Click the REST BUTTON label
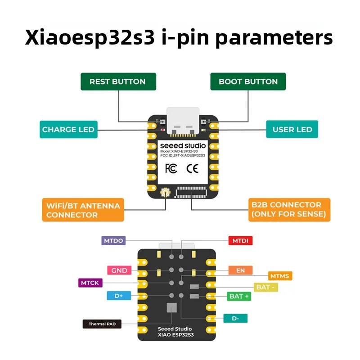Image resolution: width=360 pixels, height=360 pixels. click(x=117, y=81)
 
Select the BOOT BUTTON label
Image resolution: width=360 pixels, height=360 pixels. click(x=248, y=81)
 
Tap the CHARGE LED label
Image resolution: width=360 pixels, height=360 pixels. click(x=68, y=130)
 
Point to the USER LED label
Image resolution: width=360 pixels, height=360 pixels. click(x=292, y=130)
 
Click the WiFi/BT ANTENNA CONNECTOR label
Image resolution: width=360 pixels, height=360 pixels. click(x=83, y=210)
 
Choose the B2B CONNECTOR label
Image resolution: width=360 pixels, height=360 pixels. click(x=289, y=209)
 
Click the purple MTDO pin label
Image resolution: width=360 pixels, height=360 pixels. click(x=113, y=240)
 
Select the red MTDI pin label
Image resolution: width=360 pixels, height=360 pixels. click(x=240, y=241)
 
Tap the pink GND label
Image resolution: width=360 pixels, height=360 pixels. click(x=119, y=270)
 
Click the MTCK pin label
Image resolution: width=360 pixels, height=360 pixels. click(x=90, y=283)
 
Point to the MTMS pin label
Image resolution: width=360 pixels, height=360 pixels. click(x=280, y=275)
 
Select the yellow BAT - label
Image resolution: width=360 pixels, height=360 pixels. click(x=265, y=287)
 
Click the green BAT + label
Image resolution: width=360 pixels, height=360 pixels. click(x=239, y=297)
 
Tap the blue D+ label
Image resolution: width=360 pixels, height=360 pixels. click(x=119, y=296)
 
